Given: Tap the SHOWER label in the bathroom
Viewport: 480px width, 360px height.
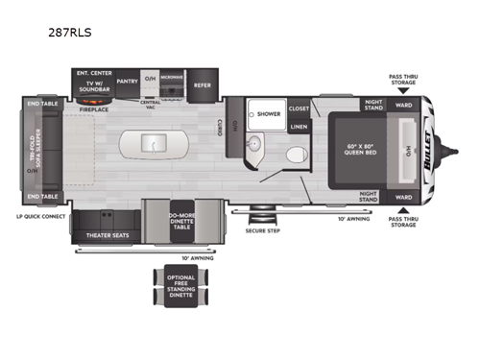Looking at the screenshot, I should coord(268,112).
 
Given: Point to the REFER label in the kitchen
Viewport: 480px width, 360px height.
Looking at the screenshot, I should coord(203,84).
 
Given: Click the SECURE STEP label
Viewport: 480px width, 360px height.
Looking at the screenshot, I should coord(257,231).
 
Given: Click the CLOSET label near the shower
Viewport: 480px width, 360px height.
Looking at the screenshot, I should coord(299,108).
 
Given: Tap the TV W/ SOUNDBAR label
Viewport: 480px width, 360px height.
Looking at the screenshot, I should coord(94,85).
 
